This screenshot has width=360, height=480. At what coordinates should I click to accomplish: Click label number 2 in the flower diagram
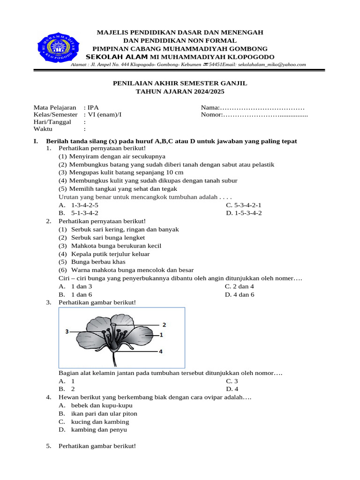click(165, 324)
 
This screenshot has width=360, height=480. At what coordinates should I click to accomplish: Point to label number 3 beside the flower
click(67, 331)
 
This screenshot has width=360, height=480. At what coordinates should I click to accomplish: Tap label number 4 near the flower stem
click(160, 351)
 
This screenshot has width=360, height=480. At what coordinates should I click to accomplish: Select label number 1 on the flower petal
click(161, 335)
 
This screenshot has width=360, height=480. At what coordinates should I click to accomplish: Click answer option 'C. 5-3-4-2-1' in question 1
click(244, 205)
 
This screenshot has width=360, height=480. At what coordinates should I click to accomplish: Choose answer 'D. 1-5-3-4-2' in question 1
click(244, 213)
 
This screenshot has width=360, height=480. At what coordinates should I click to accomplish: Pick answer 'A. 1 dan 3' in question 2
click(75, 286)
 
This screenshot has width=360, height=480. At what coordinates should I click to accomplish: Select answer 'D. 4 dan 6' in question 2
click(240, 294)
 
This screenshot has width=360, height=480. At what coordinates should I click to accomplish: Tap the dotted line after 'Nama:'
click(263, 107)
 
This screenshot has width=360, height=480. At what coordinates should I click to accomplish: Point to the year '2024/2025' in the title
click(203, 91)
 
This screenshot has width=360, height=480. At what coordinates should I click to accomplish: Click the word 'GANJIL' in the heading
click(232, 83)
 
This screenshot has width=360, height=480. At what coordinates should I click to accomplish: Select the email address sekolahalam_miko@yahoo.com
click(271, 65)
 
